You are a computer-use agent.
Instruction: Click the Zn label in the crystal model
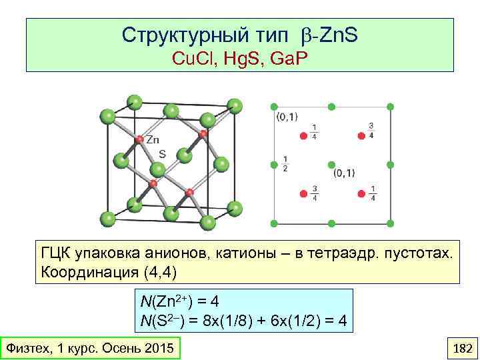pos(153,140)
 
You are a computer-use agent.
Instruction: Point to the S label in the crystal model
pos(162,153)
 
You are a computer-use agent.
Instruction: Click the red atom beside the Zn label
pos(139,140)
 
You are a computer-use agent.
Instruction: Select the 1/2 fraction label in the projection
pos(285,163)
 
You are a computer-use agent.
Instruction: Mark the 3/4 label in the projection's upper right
pos(371,131)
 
